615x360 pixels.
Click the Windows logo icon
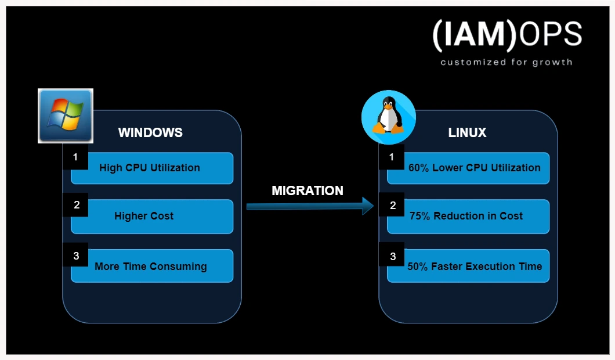tap(66, 116)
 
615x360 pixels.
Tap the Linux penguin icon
tap(388, 117)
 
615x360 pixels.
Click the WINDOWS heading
tap(150, 132)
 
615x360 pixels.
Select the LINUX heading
tap(467, 132)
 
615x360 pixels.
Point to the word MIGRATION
tap(307, 190)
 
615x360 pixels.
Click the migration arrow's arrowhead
tap(368, 206)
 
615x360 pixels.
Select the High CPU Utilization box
tap(152, 168)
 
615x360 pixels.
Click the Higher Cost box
tap(152, 216)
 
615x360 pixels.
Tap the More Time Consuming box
tap(152, 267)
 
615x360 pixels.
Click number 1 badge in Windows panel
tap(75, 157)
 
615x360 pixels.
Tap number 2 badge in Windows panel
tap(75, 205)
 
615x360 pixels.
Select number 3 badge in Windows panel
tap(75, 255)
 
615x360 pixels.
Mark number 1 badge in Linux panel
tap(392, 157)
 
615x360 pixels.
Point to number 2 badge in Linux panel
tap(392, 205)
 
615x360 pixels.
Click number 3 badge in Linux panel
tap(392, 255)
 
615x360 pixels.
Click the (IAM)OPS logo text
tap(507, 35)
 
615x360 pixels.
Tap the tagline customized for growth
tap(506, 62)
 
